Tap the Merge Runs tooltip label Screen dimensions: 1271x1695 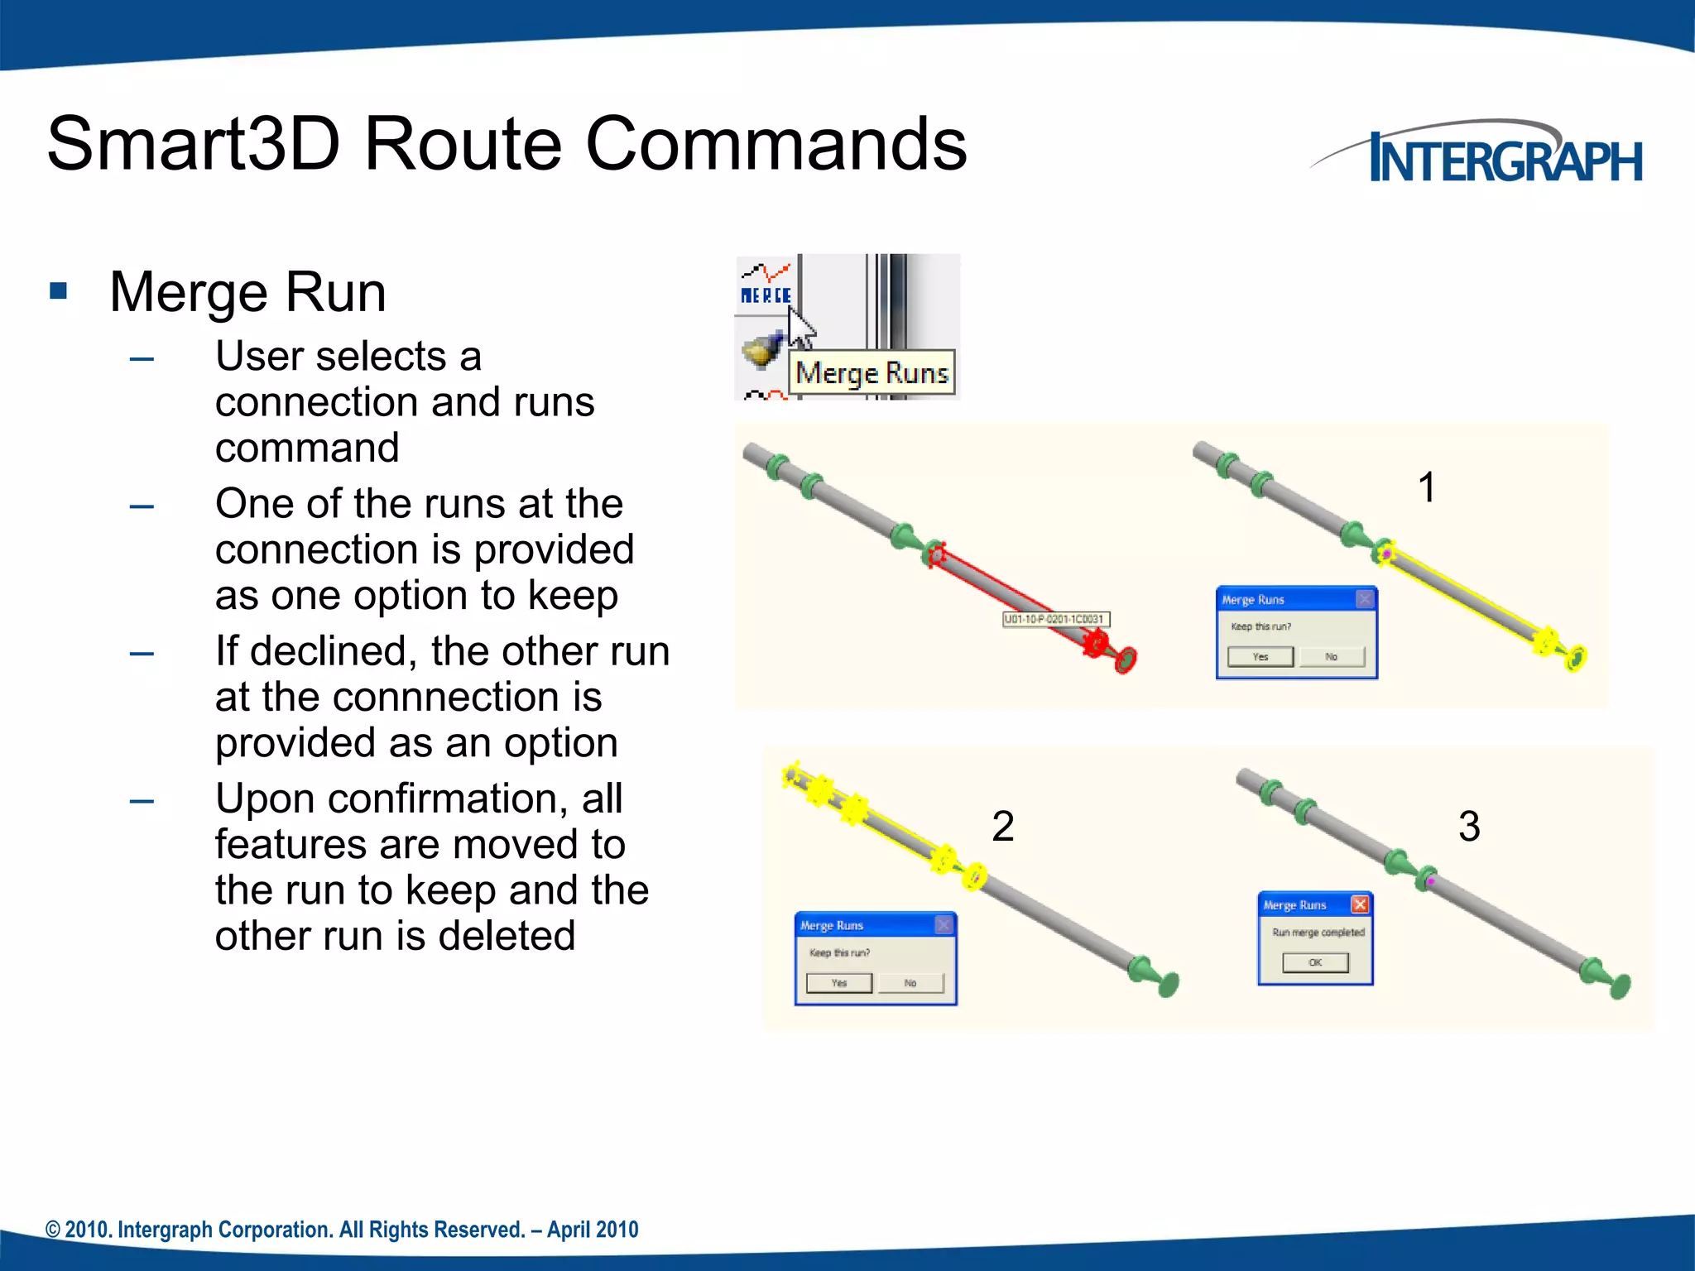pyautogui.click(x=872, y=373)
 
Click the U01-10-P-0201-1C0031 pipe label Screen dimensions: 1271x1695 pyautogui.click(x=1054, y=619)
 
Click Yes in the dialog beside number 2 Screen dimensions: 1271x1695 pyautogui.click(x=839, y=983)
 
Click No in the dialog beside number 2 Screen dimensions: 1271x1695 pyautogui.click(x=910, y=983)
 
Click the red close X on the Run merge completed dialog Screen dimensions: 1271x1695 pyautogui.click(x=1359, y=904)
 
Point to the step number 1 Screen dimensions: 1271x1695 pyautogui.click(x=1426, y=487)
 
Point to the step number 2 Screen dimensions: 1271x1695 pyautogui.click(x=1002, y=826)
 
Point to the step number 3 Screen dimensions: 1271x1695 pyautogui.click(x=1469, y=826)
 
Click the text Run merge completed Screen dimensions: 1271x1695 pyautogui.click(x=1318, y=933)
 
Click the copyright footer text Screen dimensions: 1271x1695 pyautogui.click(x=342, y=1230)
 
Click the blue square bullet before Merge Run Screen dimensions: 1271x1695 pyautogui.click(x=58, y=290)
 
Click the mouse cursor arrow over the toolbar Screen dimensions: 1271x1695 pyautogui.click(x=799, y=327)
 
